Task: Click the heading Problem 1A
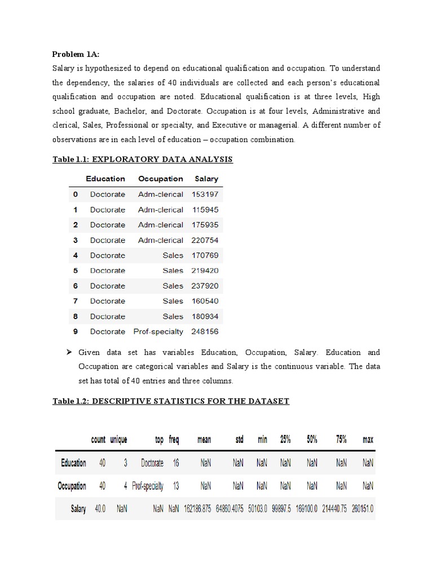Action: click(x=76, y=54)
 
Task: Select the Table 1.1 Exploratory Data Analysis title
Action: click(x=142, y=159)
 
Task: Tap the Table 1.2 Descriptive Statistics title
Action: click(x=170, y=401)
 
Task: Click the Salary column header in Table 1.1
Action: click(x=206, y=179)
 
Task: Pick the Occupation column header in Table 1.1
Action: click(x=161, y=179)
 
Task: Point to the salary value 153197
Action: click(x=205, y=194)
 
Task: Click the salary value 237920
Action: click(x=205, y=286)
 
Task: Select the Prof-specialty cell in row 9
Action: click(x=158, y=331)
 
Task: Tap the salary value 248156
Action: click(x=205, y=331)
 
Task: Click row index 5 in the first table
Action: click(x=76, y=270)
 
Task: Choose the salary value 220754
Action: click(x=205, y=240)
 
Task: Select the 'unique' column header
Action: click(x=118, y=440)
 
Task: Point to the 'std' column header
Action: click(x=238, y=440)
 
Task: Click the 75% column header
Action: click(x=341, y=440)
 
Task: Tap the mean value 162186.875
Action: click(x=197, y=509)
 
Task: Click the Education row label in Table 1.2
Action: click(x=74, y=463)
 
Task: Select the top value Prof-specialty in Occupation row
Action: click(x=148, y=486)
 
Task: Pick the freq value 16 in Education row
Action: click(x=176, y=463)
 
